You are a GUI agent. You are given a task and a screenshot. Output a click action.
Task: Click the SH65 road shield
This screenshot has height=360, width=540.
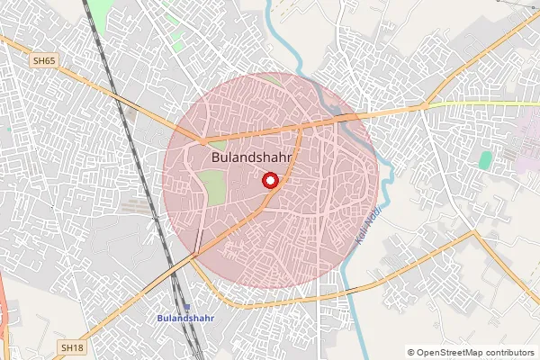point(43,60)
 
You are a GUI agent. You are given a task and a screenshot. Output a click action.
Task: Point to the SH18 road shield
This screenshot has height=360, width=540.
point(72,346)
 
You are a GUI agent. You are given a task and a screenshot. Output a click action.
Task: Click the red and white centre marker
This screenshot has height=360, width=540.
point(269,181)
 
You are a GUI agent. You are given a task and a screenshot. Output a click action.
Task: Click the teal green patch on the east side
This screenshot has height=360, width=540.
point(486,160)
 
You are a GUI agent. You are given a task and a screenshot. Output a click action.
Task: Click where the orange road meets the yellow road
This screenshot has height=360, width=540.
point(423,106)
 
